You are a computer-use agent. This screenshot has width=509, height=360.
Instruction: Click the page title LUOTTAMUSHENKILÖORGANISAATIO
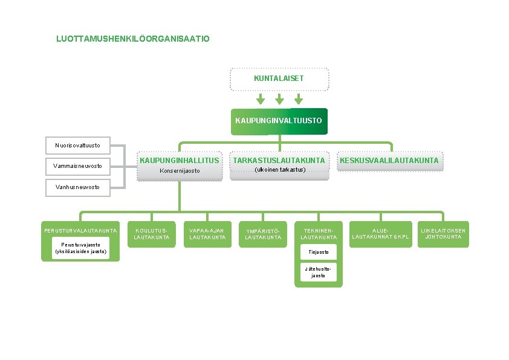click(x=133, y=39)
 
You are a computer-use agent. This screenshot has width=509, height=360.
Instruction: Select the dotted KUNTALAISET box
click(x=279, y=79)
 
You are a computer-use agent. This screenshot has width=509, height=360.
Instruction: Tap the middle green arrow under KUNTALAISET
click(x=279, y=99)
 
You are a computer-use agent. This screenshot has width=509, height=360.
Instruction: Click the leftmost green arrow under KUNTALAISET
click(x=260, y=99)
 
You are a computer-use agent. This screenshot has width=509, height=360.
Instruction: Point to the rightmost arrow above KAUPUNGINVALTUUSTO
click(x=298, y=99)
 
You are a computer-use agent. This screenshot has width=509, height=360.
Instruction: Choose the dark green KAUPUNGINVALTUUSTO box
click(x=279, y=121)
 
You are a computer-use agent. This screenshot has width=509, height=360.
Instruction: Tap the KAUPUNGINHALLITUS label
click(x=180, y=160)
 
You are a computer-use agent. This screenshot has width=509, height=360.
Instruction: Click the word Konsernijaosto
click(x=180, y=171)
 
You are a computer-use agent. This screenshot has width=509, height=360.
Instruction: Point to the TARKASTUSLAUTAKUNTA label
click(x=279, y=160)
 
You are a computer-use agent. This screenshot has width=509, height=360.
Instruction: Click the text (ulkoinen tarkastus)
click(x=279, y=170)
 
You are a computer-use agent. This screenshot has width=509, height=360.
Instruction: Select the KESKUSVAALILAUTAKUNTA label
click(x=389, y=160)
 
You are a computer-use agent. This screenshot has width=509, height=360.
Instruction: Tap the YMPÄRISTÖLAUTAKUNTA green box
click(x=263, y=234)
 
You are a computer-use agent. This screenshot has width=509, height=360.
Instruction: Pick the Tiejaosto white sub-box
click(x=319, y=251)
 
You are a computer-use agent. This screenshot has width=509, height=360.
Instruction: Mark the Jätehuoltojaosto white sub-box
click(x=319, y=272)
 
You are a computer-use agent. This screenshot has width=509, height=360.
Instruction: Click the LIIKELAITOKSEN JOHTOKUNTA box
click(x=444, y=234)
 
